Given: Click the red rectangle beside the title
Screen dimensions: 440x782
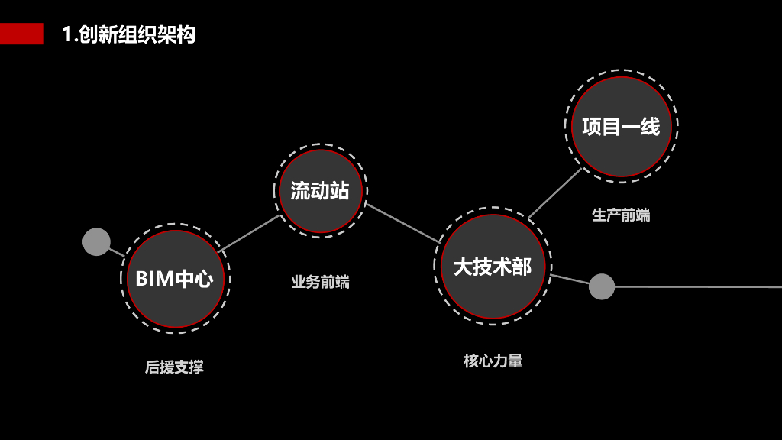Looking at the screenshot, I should click(x=21, y=34).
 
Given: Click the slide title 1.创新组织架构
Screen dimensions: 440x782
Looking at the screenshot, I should click(x=129, y=34).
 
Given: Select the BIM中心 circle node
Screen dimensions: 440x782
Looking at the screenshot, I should click(x=175, y=279).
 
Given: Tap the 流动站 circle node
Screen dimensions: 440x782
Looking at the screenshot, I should click(x=320, y=191).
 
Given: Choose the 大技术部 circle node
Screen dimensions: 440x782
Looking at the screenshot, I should click(x=493, y=267).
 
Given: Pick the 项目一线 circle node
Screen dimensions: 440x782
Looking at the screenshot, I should click(x=621, y=126).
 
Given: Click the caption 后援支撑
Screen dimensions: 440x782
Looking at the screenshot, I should click(x=174, y=367).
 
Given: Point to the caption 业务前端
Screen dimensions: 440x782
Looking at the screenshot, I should click(x=320, y=283).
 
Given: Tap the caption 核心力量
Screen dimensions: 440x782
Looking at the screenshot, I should click(x=493, y=361).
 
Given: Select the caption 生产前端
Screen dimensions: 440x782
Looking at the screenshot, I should click(x=621, y=215).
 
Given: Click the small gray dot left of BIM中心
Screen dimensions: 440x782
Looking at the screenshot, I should click(x=96, y=241).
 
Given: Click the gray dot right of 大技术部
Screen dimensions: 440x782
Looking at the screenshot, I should click(x=602, y=286).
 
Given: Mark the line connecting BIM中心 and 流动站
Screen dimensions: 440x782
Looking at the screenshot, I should click(x=249, y=233).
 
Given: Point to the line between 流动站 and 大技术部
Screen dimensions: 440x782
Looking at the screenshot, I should click(x=402, y=223).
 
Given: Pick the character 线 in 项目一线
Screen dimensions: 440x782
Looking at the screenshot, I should click(x=650, y=126).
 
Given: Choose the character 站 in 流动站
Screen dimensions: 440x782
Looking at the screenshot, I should click(x=340, y=191).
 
